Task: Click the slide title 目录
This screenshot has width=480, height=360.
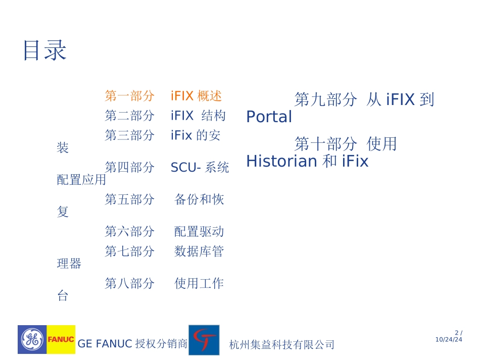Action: pos(45,51)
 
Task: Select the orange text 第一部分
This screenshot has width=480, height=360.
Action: pos(129,95)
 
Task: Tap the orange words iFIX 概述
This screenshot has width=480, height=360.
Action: pos(196,95)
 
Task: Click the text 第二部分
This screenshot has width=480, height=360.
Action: pos(129,116)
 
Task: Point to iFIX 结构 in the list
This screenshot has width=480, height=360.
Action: pos(198,116)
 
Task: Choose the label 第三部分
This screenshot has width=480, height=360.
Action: pos(129,135)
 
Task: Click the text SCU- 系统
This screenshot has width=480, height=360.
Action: pos(200,167)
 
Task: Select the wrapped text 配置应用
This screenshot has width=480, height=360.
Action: pos(81,180)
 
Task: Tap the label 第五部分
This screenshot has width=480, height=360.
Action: pos(129,199)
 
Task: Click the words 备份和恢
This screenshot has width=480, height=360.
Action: pos(199,199)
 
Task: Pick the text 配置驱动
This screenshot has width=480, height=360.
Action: pos(199,232)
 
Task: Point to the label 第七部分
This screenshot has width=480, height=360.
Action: pos(129,251)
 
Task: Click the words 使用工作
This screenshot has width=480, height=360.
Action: pos(199,283)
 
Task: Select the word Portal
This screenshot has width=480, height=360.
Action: pos(269,117)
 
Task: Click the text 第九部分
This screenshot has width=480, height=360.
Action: pos(325,99)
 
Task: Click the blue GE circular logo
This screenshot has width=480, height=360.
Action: pos(32,339)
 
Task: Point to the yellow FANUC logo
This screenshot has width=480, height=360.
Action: pos(61,339)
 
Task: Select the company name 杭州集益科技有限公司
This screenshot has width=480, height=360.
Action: pos(282,345)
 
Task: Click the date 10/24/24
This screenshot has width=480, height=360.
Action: pos(449,340)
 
